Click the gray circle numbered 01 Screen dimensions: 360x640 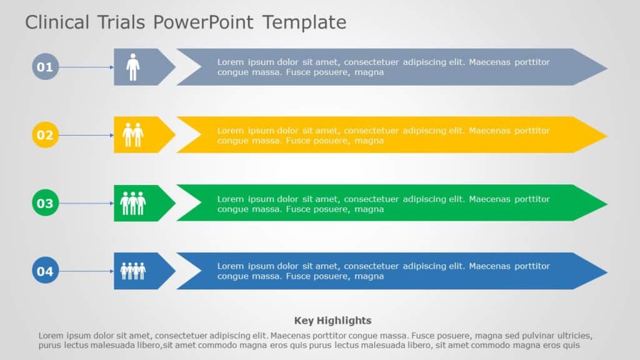point(45,67)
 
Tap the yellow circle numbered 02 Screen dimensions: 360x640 point(45,135)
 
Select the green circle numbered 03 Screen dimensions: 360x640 point(45,203)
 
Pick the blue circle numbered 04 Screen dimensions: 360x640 point(45,271)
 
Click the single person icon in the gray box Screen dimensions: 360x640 point(132,67)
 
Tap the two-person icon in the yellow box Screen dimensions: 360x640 point(132,135)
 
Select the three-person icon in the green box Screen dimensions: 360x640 point(132,203)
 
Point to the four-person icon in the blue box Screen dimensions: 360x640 point(132,271)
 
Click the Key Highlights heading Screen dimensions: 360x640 point(332,321)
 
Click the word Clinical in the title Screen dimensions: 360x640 point(57,22)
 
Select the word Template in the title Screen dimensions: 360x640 point(304,22)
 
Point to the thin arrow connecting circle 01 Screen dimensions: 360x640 point(86,67)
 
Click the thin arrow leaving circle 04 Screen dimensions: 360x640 point(86,271)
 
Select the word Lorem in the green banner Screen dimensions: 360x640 point(230,199)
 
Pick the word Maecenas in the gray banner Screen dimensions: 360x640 point(490,62)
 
